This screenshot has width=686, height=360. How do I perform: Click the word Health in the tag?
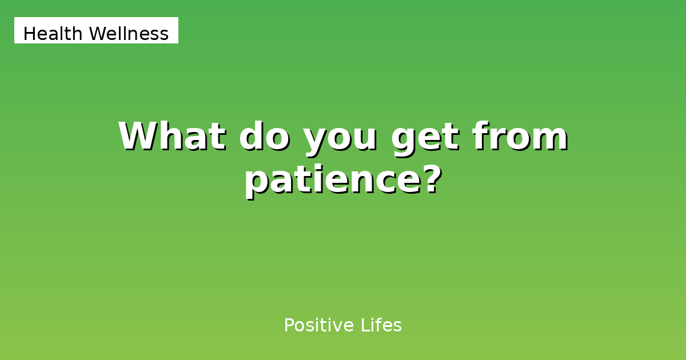pos(53,34)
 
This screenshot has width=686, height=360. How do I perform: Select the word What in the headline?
pos(171,137)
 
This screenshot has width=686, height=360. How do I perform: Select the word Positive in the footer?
pos(319,326)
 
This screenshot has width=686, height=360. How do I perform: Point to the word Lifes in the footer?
pos(381,326)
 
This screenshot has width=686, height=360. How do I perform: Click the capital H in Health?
pos(29,34)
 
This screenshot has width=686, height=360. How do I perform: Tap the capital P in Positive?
pos(289,326)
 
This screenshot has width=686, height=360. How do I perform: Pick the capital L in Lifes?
pos(364,326)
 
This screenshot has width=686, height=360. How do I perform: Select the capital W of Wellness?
pos(98,34)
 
